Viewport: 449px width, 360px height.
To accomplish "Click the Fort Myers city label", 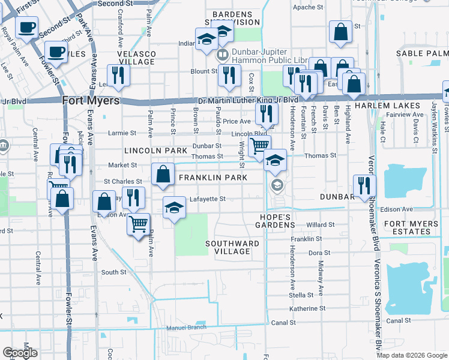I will coord(91,101).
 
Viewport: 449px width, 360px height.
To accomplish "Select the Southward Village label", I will coord(232,247).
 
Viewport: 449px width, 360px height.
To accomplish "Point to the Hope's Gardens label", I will coord(277,220).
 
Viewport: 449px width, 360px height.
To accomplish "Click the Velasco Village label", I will coord(136,58).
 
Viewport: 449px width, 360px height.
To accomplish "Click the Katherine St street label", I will coord(307,308).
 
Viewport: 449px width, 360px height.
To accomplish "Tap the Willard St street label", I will coord(320,225).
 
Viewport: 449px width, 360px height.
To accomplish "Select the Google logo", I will coord(20,353).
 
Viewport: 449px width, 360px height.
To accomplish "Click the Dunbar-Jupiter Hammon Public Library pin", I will coord(223,55).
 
